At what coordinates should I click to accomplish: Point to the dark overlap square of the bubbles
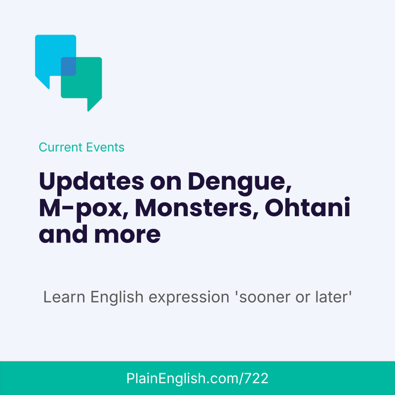point(68,66)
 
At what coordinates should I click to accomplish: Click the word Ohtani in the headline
point(308,209)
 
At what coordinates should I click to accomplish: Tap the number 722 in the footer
point(257,379)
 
